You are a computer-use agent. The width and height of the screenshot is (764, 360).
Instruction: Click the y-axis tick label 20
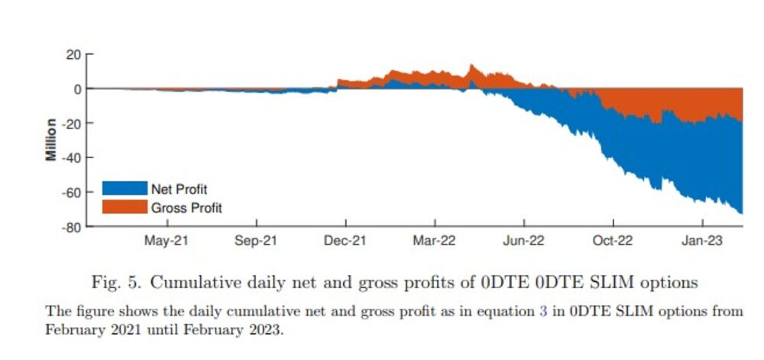click(73, 54)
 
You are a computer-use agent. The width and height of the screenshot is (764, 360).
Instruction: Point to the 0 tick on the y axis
click(76, 89)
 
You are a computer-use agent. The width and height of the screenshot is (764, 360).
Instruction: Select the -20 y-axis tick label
click(71, 123)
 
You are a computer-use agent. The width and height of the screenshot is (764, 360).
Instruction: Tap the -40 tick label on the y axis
click(71, 157)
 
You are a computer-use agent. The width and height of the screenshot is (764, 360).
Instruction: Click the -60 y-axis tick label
click(71, 192)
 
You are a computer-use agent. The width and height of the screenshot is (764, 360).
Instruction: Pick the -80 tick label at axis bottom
click(71, 226)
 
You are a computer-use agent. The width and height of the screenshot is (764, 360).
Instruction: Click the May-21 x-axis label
click(167, 241)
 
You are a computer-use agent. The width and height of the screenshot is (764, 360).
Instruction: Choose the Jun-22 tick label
click(523, 241)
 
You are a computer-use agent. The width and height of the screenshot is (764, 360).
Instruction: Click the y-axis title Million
click(51, 139)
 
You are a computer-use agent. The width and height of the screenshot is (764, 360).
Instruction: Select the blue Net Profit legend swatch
click(125, 189)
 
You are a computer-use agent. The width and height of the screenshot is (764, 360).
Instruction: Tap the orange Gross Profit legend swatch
click(125, 207)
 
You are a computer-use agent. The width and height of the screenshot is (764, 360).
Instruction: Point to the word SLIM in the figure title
click(600, 283)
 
